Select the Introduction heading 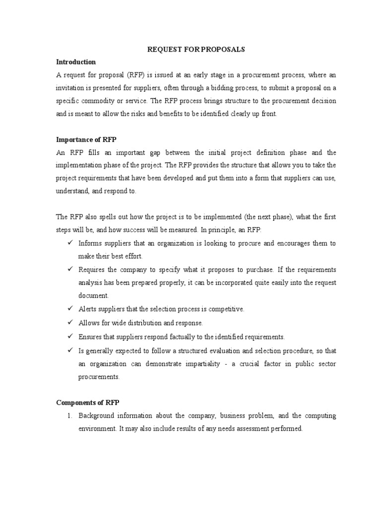click(x=75, y=62)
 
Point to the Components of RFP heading click(x=88, y=402)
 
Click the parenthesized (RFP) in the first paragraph click(x=137, y=75)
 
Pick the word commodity click(x=104, y=101)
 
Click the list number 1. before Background click(x=70, y=416)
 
